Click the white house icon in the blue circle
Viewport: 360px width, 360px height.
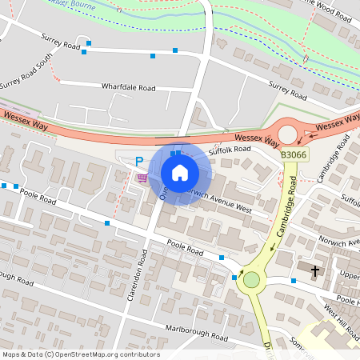point(180,173)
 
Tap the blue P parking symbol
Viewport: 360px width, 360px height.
point(138,161)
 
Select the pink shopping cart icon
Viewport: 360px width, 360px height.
point(142,178)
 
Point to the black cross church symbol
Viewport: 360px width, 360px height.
point(314,271)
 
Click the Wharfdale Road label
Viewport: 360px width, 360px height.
point(128,86)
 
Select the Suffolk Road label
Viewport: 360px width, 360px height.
point(230,150)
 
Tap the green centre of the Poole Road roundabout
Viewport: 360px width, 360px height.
point(252,279)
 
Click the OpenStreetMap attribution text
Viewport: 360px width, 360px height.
point(81,354)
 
